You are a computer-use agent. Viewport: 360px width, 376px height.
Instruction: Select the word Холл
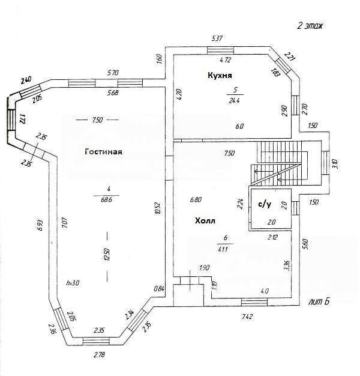[205, 220]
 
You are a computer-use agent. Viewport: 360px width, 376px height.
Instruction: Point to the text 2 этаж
[311, 26]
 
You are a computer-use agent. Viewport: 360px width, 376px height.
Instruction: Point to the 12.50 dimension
[106, 255]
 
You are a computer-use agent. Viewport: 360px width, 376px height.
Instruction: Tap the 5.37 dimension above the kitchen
[218, 38]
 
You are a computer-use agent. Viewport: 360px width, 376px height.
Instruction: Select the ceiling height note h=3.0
[73, 282]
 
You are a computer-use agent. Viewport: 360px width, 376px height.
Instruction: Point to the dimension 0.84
[159, 288]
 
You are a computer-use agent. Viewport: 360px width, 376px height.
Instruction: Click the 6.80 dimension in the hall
[194, 199]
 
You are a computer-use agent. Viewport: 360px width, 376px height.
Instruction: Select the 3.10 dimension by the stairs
[335, 162]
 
